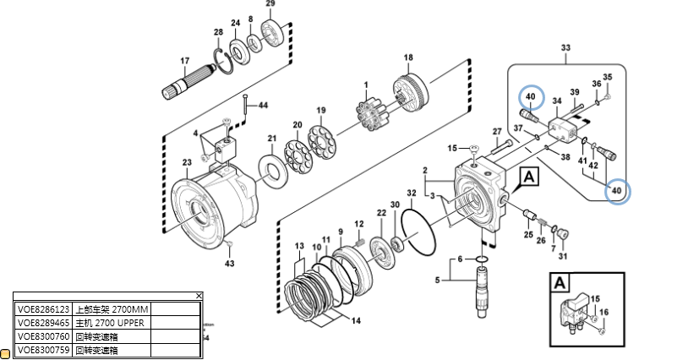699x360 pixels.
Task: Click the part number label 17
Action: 184,61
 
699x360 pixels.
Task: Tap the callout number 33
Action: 565,48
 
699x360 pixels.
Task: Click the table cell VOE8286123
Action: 44,309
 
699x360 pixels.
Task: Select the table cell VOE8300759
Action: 44,349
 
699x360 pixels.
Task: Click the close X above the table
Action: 199,296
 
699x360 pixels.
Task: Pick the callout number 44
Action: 263,106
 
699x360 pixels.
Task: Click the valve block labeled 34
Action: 561,129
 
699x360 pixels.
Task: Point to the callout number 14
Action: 356,320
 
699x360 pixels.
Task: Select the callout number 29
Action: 270,4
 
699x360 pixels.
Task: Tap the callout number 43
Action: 229,264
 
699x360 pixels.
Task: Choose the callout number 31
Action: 564,257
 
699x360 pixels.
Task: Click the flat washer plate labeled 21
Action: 272,172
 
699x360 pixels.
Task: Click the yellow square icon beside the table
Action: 5,352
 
